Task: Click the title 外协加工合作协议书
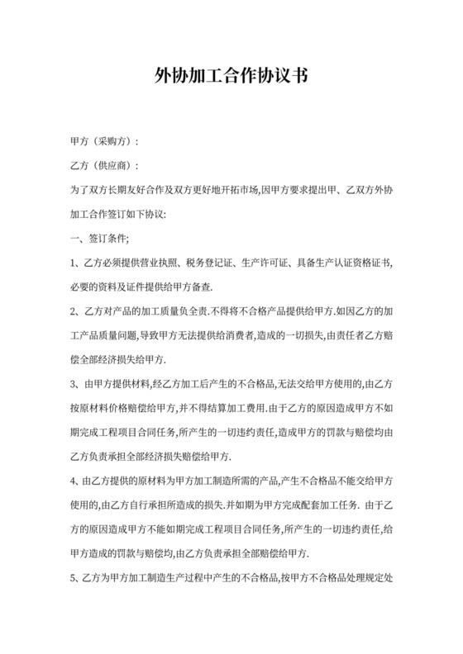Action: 231,78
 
